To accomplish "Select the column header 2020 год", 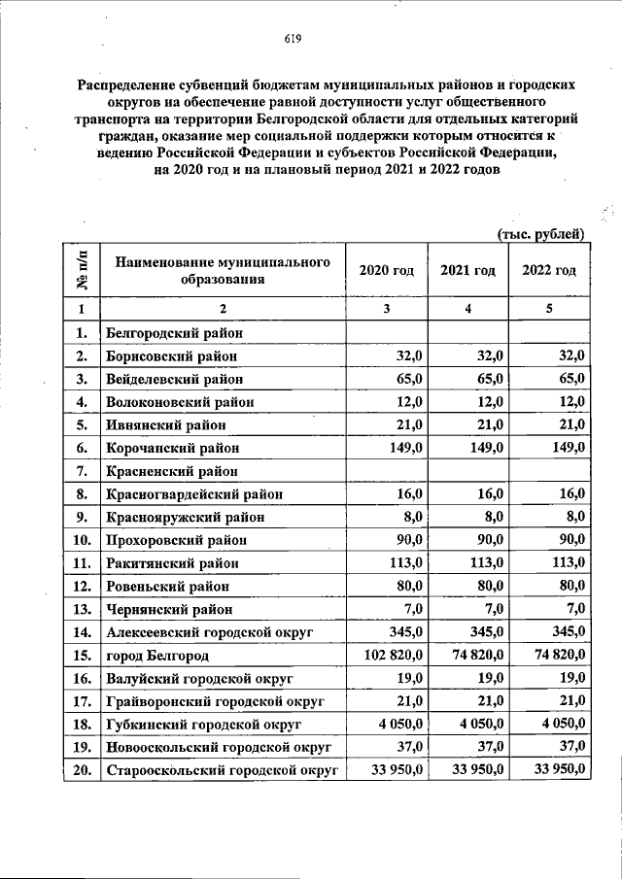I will click(386, 270).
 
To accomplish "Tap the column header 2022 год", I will click(549, 270).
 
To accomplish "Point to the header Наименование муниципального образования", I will click(223, 270).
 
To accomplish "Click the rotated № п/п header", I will click(83, 270).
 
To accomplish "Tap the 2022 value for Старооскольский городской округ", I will click(553, 771).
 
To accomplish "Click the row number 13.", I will click(82, 610).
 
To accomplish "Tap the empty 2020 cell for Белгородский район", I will click(386, 332).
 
